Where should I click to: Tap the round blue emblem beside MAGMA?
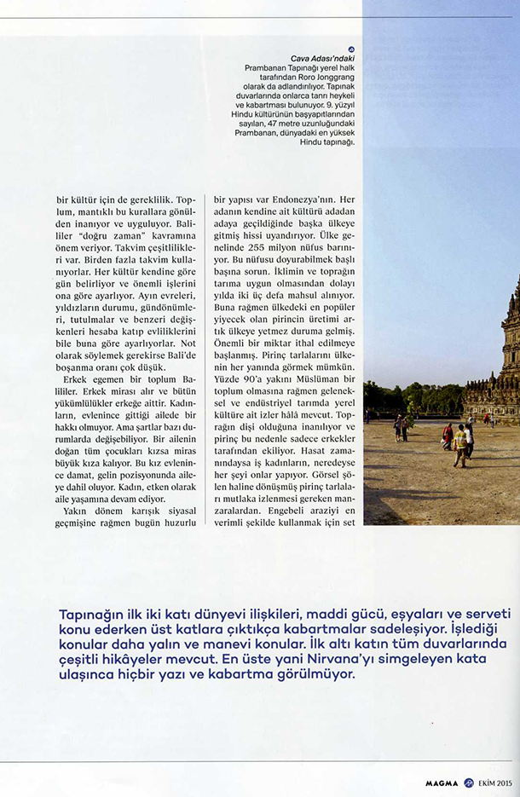(468, 783)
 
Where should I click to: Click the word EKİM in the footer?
(486, 783)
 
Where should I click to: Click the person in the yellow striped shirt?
(460, 443)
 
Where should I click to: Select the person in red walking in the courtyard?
(448, 436)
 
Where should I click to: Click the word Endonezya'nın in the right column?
(304, 199)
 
